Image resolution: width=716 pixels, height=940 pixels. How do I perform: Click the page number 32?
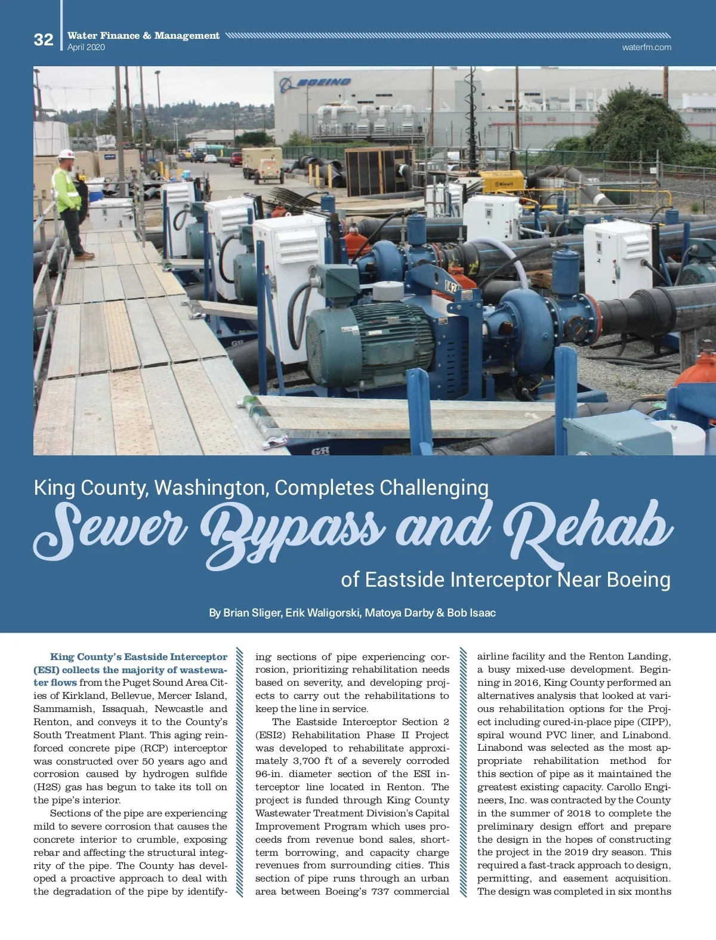pos(44,39)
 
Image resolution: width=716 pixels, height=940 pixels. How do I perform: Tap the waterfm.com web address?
pos(646,47)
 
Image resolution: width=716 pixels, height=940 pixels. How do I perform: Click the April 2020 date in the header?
pos(86,47)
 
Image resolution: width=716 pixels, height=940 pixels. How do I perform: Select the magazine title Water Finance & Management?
pos(143,36)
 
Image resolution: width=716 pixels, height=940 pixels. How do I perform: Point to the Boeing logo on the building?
pos(316,82)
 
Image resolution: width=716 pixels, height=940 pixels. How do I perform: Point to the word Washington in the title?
pos(211,488)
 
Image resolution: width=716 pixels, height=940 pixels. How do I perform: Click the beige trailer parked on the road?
pos(263,164)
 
